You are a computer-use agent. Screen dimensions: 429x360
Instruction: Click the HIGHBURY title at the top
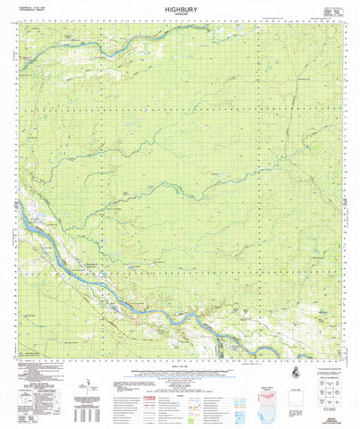pos(180,6)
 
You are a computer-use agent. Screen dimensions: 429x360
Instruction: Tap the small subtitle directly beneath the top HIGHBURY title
pos(180,13)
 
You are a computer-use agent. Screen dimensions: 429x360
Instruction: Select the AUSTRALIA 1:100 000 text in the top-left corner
pos(27,7)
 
